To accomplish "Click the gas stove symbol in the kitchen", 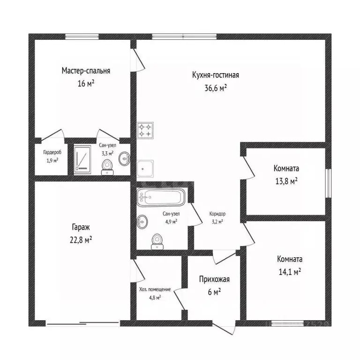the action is [145, 130].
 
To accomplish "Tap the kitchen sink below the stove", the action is [145, 169].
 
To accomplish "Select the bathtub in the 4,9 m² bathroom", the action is [161, 197].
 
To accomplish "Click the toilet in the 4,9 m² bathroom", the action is [157, 241].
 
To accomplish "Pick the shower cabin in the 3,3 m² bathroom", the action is [82, 159].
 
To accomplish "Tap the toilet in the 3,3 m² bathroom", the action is [107, 167].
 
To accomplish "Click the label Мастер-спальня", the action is [86, 71].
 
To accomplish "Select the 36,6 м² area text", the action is [216, 88].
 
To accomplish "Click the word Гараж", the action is [81, 227].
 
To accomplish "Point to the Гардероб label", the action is [52, 152].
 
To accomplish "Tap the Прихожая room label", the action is [214, 279].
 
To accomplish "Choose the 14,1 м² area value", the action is [290, 272].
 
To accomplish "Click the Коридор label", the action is [217, 214].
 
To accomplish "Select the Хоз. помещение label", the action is [155, 290].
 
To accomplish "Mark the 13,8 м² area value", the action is [286, 181].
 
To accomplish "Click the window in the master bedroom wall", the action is [82, 37].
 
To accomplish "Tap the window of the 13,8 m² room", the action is [329, 183].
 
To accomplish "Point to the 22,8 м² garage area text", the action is [81, 240].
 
